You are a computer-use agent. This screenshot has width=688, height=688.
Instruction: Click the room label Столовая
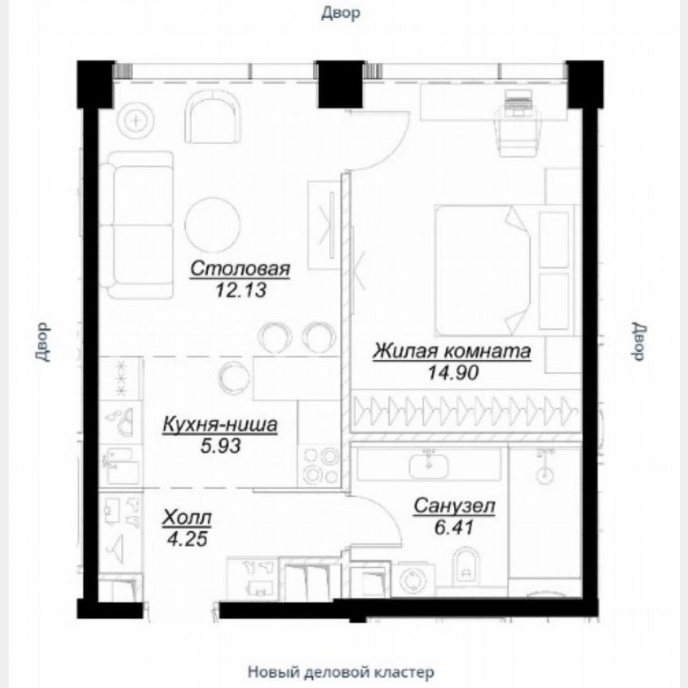tap(240, 269)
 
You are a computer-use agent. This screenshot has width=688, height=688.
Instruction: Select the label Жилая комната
tap(451, 351)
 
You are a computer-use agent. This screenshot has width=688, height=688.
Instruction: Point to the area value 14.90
tap(451, 372)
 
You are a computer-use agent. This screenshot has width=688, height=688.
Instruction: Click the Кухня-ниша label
tap(220, 425)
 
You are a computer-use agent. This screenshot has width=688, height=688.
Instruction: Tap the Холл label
tap(187, 518)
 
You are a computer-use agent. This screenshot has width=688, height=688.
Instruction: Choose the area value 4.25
tap(187, 538)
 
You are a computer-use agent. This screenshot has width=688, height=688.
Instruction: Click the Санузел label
tap(455, 506)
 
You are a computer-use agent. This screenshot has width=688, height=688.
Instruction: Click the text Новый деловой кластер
tap(341, 670)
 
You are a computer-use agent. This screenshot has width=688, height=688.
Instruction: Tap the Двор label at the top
tap(341, 13)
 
